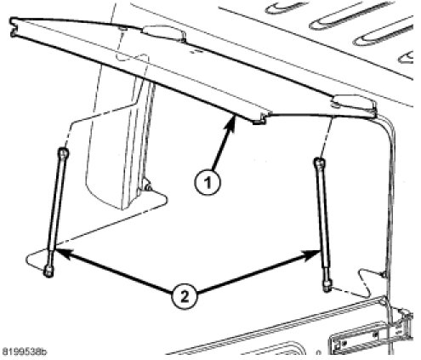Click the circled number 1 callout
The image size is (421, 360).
[208, 182]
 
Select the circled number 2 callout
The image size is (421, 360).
[185, 297]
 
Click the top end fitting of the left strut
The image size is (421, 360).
[63, 153]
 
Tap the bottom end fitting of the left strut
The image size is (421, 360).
[48, 271]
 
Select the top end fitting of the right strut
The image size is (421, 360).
[320, 163]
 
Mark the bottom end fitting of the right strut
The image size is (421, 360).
[328, 285]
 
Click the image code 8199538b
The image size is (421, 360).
[24, 351]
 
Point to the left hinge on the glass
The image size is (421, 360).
[164, 33]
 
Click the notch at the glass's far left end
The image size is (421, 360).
[13, 27]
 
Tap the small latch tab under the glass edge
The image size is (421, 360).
[259, 120]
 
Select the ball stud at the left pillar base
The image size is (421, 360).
[147, 186]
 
